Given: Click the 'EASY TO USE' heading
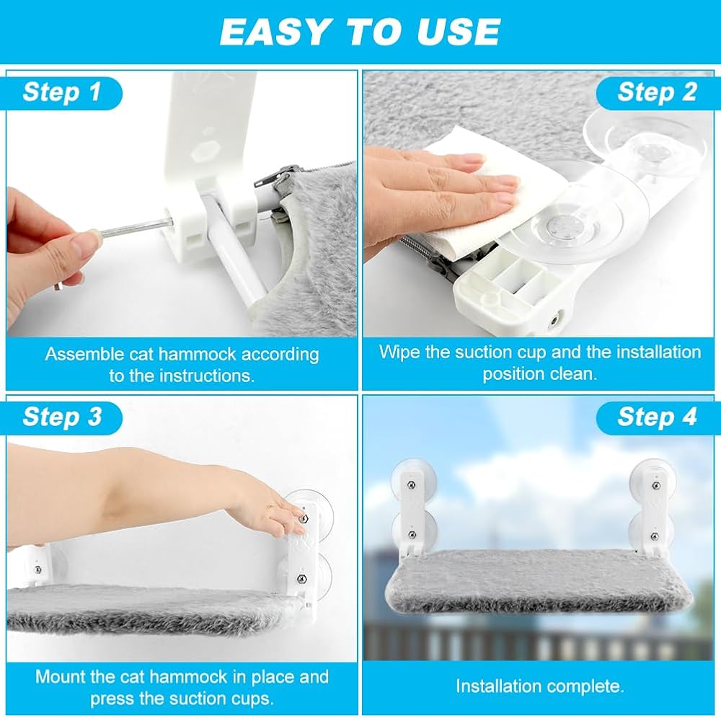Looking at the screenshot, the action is (x=360, y=32).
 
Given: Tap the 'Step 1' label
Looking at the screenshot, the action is (x=62, y=92).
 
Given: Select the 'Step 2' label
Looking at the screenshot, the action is (x=657, y=92).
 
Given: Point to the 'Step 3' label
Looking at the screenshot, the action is (x=62, y=417).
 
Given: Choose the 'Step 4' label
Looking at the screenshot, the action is (x=657, y=417).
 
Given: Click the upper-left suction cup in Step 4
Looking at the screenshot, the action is (x=412, y=478).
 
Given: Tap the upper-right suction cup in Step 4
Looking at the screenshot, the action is (x=653, y=478).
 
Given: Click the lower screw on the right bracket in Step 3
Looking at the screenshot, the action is (x=302, y=578).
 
